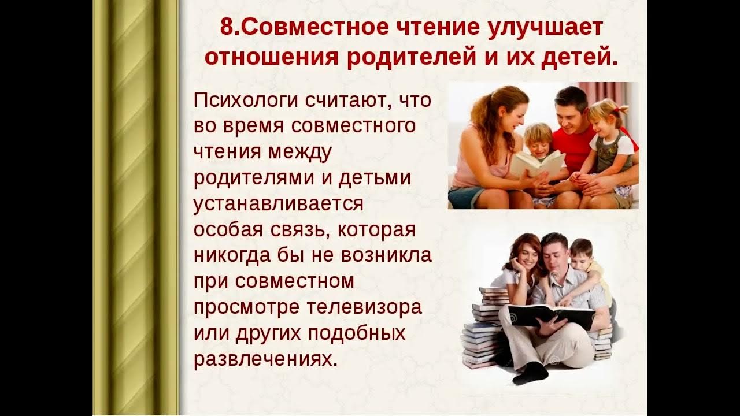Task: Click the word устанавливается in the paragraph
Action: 278,203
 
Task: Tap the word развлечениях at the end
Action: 265,359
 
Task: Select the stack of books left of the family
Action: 483,329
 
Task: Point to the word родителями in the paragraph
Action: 253,177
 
